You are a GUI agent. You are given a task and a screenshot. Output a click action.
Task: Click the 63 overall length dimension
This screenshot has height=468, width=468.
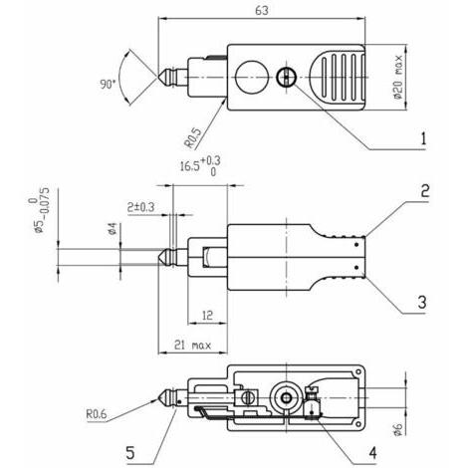(x=262, y=11)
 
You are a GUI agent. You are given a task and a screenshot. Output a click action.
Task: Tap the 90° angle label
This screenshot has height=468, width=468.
(x=108, y=84)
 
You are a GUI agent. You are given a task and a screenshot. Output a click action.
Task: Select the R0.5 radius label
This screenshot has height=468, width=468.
(x=193, y=137)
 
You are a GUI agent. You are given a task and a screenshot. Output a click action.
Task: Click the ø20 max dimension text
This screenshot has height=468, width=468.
(x=398, y=77)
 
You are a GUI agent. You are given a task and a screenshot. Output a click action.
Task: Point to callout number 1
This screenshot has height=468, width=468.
(x=423, y=138)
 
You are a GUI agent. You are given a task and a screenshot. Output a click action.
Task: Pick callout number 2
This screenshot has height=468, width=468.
(x=425, y=190)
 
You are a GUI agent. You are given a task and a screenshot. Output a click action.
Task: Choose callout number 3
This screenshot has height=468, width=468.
(x=422, y=302)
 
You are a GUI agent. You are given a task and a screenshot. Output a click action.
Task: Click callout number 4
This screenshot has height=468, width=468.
(x=372, y=453)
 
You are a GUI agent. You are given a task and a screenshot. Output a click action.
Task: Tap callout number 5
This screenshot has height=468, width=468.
(x=130, y=453)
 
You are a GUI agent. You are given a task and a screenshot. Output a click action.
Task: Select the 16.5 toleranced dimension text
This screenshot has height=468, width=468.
(x=200, y=165)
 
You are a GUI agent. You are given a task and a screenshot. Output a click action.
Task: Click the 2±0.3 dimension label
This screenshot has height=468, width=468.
(x=141, y=207)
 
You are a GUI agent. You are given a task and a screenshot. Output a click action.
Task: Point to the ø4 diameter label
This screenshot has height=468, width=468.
(x=113, y=229)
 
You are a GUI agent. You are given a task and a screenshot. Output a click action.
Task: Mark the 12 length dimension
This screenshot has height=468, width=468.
(x=207, y=315)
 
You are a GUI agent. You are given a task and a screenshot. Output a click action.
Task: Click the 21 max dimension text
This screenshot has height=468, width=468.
(x=192, y=346)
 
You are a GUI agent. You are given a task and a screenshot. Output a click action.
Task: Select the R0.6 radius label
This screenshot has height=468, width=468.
(x=97, y=414)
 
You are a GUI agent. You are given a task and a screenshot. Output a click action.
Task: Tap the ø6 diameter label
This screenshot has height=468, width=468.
(x=397, y=429)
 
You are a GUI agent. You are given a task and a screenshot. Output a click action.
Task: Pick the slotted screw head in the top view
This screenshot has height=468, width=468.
(x=286, y=77)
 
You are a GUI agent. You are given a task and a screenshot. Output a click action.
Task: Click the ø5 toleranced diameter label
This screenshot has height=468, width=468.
(x=39, y=210)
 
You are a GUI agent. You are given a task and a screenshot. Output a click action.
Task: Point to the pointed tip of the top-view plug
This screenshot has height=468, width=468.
(x=158, y=77)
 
